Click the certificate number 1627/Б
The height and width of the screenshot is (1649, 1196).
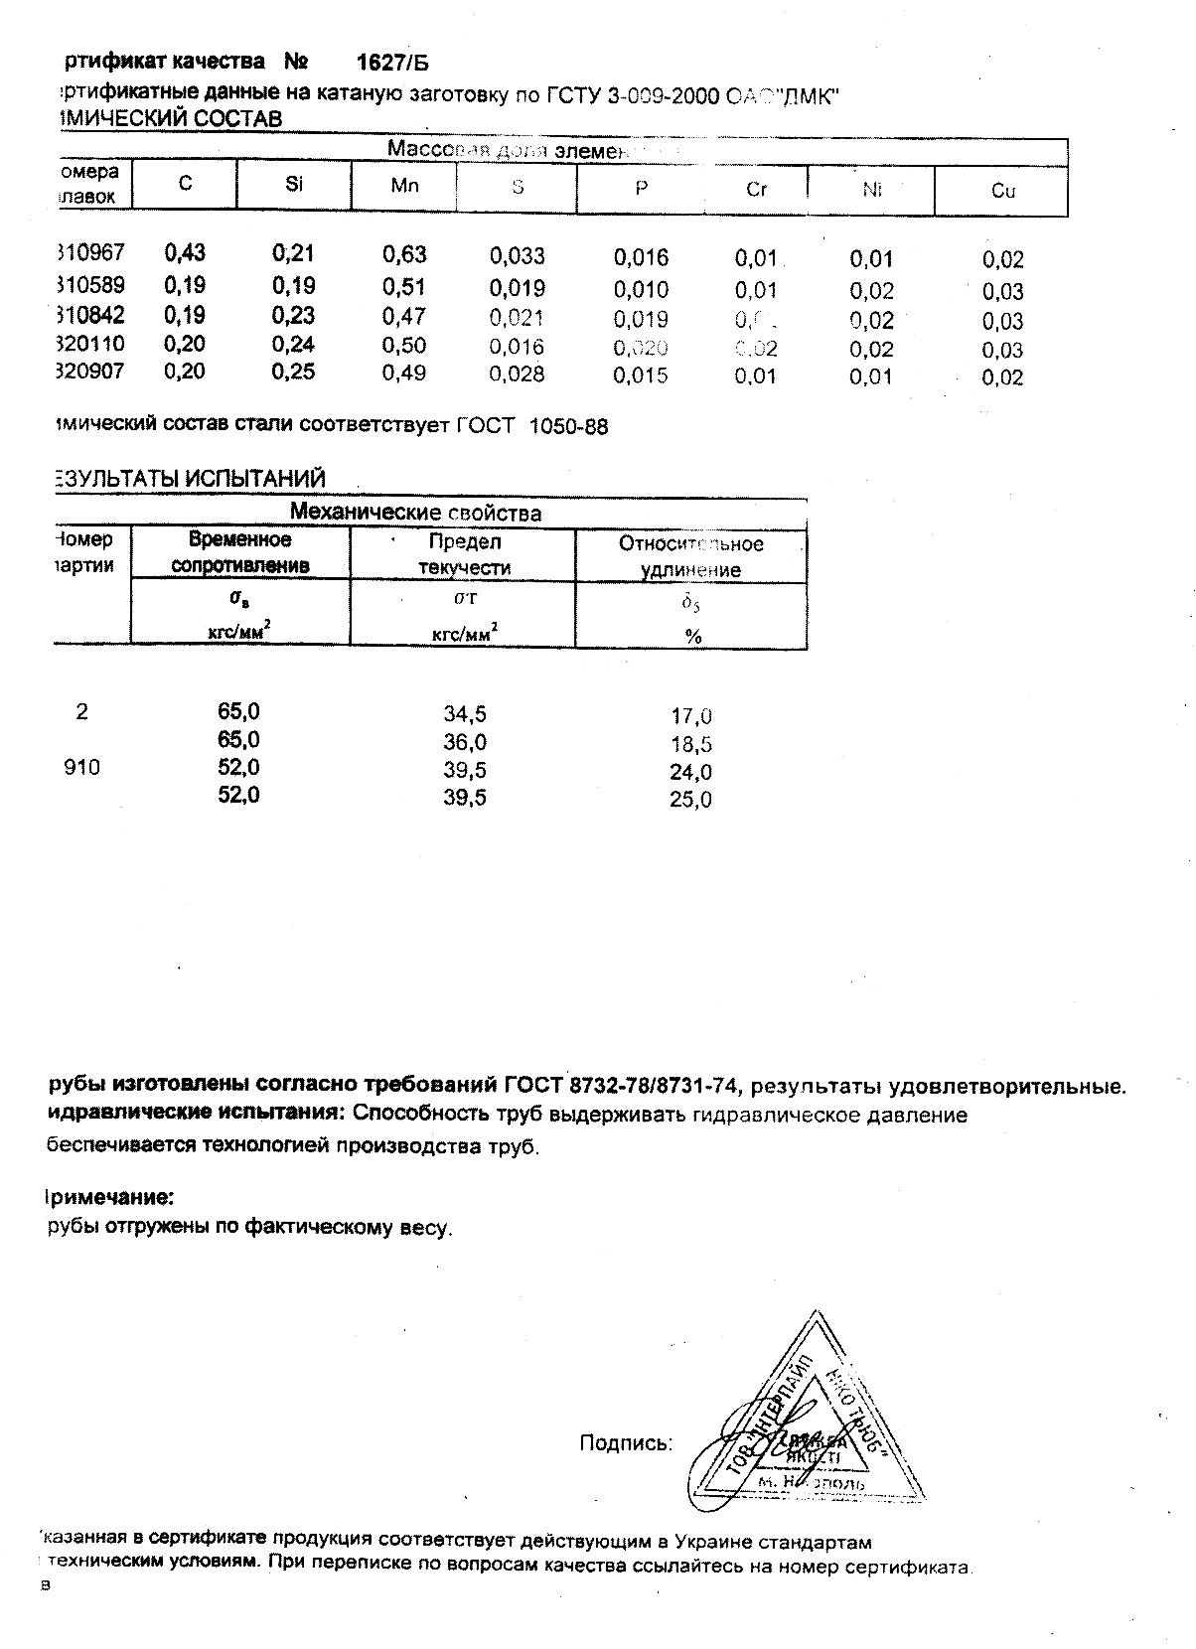click(x=392, y=63)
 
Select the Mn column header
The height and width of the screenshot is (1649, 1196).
click(x=404, y=186)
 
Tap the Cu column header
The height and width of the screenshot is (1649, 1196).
click(x=1002, y=191)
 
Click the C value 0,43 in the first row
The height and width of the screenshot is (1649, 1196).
click(x=185, y=253)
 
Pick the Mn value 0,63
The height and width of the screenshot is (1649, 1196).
click(x=404, y=255)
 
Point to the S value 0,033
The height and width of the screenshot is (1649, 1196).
click(x=518, y=256)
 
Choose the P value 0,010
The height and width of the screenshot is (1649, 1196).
click(x=641, y=290)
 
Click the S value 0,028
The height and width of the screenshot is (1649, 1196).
click(x=518, y=375)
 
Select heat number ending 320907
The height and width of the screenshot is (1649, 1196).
click(x=91, y=372)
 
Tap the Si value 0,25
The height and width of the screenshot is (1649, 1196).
click(x=293, y=372)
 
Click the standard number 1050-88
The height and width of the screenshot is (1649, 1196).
click(x=569, y=426)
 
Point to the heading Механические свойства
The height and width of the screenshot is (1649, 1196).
click(x=415, y=513)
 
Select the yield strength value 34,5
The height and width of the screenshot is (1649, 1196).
click(x=465, y=713)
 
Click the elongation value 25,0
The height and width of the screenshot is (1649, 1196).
click(x=690, y=800)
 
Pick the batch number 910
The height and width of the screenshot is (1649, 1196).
click(x=81, y=768)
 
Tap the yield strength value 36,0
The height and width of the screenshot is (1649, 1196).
click(x=465, y=742)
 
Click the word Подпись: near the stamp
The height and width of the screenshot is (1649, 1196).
click(x=626, y=1442)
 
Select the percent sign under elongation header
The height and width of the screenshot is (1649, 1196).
click(x=693, y=637)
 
